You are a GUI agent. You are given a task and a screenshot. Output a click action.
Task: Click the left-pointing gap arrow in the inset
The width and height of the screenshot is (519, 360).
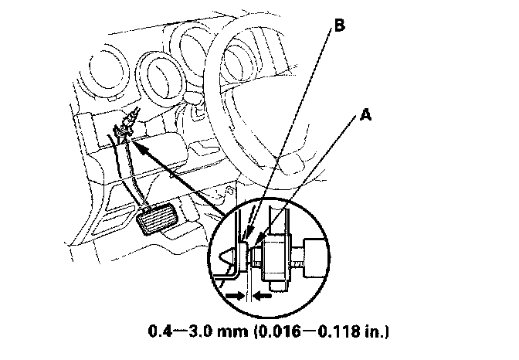[263, 294]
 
